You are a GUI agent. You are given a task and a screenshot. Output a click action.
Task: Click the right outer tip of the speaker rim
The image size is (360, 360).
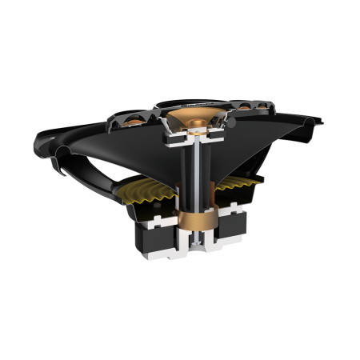(322, 122)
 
